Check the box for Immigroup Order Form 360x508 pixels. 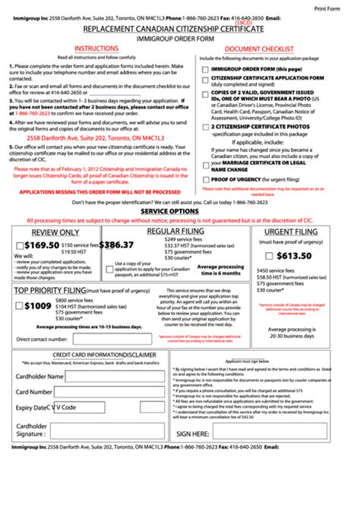(x=204, y=69)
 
